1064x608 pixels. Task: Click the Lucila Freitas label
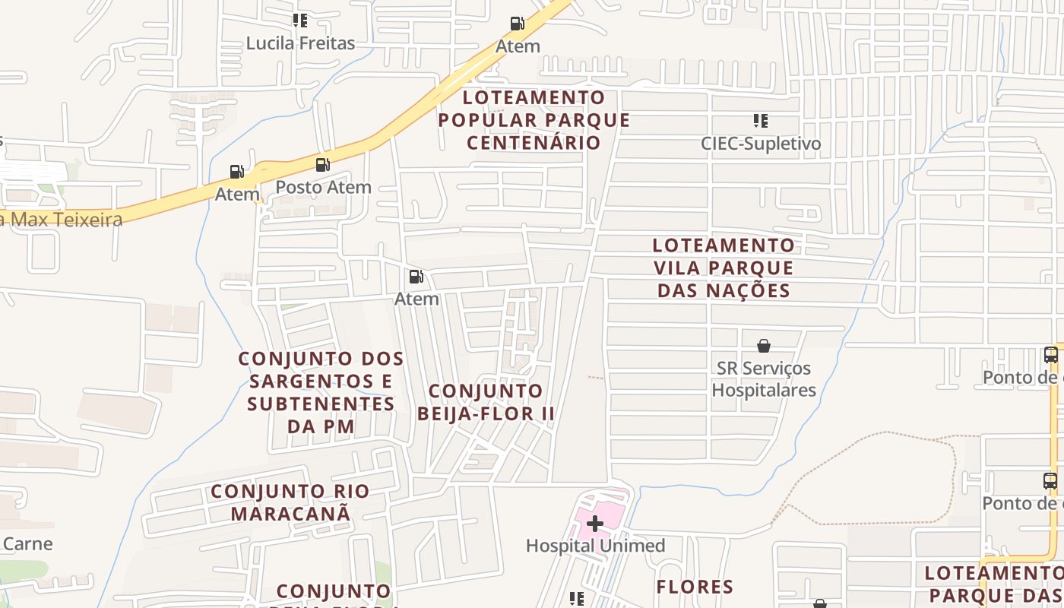click(300, 43)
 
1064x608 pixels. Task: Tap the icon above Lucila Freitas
click(300, 21)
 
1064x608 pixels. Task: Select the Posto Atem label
click(323, 187)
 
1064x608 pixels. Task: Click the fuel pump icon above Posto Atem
click(322, 164)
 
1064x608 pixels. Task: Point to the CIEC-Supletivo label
click(761, 144)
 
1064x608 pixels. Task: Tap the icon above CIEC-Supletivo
click(760, 121)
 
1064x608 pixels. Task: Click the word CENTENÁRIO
click(534, 142)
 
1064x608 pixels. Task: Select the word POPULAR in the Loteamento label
click(486, 120)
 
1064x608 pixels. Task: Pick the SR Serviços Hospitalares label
click(764, 379)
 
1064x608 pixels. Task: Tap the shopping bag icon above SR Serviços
click(764, 346)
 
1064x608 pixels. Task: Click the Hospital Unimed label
click(595, 546)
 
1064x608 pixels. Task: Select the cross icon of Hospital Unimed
click(594, 523)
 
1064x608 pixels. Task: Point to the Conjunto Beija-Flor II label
click(486, 402)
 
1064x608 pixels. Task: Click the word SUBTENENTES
click(321, 404)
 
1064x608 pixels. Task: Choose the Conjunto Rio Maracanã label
click(290, 502)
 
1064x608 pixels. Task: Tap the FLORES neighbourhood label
click(695, 587)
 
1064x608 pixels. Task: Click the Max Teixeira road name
click(65, 220)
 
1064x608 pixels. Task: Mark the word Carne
click(28, 544)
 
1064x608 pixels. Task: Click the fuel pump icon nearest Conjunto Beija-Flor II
click(416, 277)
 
